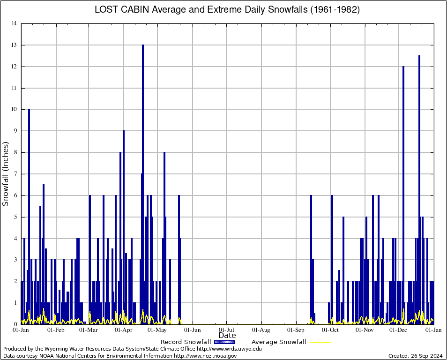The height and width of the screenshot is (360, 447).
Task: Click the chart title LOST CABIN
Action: click(x=227, y=10)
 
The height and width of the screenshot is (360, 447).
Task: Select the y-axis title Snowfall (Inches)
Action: click(x=6, y=173)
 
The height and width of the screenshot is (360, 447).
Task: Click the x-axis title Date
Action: click(x=227, y=336)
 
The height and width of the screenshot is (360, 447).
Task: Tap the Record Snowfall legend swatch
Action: click(x=224, y=342)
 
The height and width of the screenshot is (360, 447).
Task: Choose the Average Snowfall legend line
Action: click(x=320, y=342)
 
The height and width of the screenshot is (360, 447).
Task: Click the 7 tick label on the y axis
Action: click(x=15, y=174)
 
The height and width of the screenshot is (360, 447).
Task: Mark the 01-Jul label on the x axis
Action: click(x=227, y=330)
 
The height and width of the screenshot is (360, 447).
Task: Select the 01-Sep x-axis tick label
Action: click(x=296, y=330)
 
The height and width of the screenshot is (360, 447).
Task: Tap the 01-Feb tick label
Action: click(x=56, y=330)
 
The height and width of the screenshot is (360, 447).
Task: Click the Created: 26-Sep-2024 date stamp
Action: click(x=416, y=356)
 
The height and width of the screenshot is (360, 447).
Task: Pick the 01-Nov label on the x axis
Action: click(x=365, y=330)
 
